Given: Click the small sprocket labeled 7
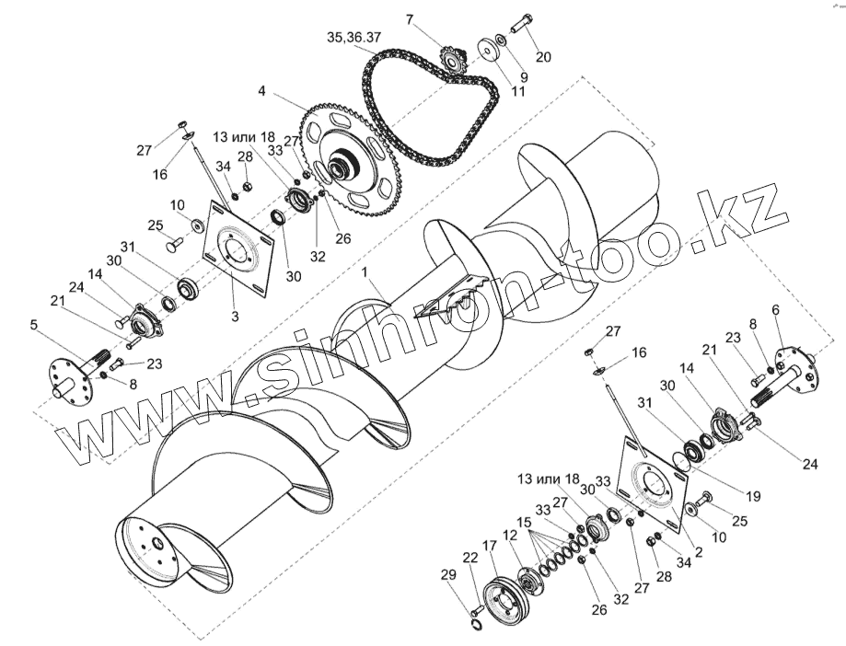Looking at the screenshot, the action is (x=452, y=61).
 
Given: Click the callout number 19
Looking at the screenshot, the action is (x=753, y=496).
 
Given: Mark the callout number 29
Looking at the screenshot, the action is (x=448, y=575).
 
